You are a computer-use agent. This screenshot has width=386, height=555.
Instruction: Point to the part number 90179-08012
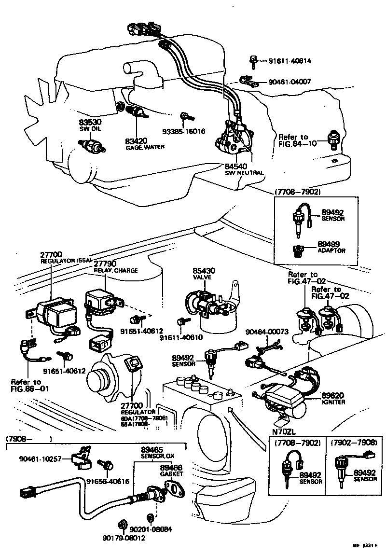coord(124,539)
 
